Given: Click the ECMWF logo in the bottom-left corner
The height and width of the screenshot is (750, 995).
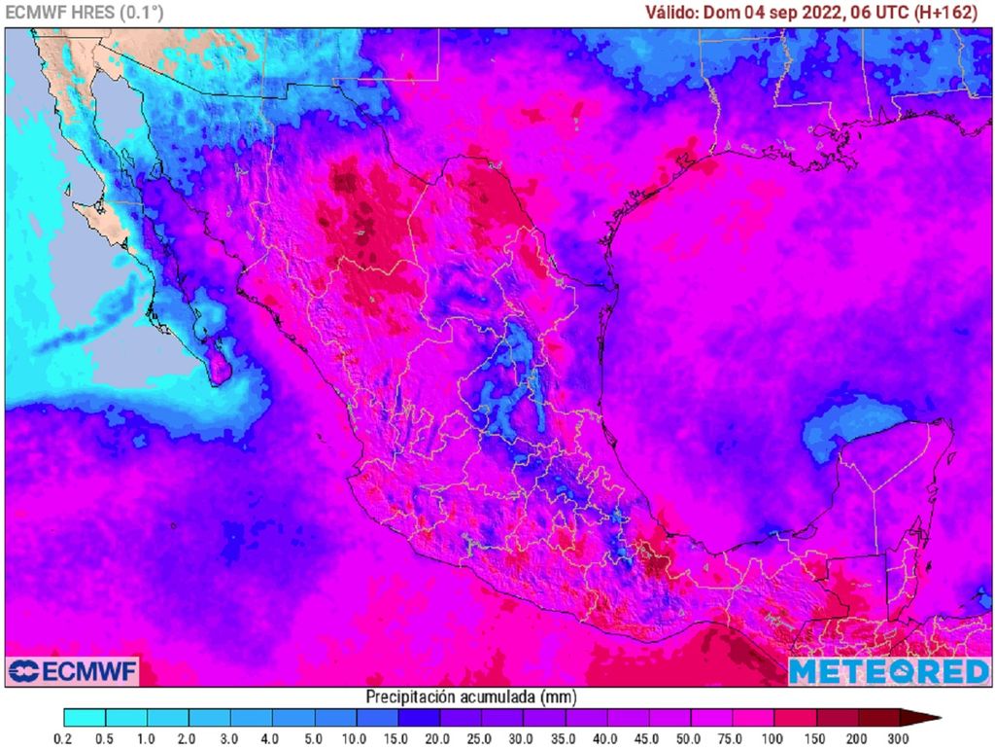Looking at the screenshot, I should point(73,671).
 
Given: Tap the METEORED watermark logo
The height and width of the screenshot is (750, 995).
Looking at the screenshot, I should point(888,671).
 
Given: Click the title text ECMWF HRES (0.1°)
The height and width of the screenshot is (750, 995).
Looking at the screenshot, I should point(85,12).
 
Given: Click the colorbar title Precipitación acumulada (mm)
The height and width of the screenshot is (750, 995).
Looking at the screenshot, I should point(471,696).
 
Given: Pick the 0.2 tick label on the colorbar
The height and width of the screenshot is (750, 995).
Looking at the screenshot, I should point(63,739).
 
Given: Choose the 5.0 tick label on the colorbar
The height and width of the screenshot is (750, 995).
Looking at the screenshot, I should point(314,739).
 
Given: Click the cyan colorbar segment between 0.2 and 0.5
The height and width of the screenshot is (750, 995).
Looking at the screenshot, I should point(85,719).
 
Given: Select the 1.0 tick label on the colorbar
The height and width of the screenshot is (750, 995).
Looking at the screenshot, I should point(147,739).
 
